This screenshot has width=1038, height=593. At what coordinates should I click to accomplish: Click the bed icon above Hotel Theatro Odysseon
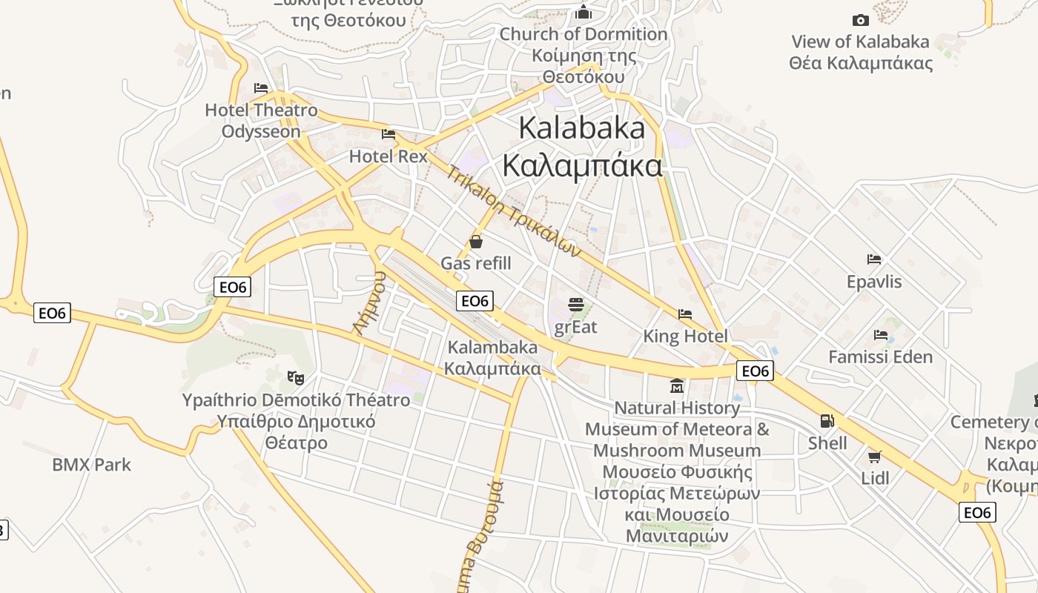pyautogui.click(x=260, y=87)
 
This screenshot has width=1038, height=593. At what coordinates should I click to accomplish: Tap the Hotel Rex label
pyautogui.click(x=389, y=156)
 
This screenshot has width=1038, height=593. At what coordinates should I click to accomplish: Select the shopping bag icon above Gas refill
pyautogui.click(x=476, y=242)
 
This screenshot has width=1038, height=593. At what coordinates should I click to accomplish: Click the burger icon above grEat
pyautogui.click(x=575, y=304)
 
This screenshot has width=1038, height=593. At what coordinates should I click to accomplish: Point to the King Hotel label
pyautogui.click(x=685, y=337)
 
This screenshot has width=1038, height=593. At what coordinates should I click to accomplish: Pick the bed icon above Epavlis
pyautogui.click(x=874, y=259)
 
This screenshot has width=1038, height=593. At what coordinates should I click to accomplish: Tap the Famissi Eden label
pyautogui.click(x=880, y=357)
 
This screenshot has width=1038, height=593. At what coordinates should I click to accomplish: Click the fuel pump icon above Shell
pyautogui.click(x=827, y=421)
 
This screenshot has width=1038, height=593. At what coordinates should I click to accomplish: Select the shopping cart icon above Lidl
pyautogui.click(x=875, y=457)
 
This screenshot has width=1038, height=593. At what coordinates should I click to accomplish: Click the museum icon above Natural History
pyautogui.click(x=677, y=386)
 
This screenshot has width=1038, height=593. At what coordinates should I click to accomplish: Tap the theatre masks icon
pyautogui.click(x=296, y=377)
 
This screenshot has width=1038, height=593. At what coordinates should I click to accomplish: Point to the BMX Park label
pyautogui.click(x=91, y=465)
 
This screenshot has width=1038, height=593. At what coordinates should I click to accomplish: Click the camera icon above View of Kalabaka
pyautogui.click(x=860, y=20)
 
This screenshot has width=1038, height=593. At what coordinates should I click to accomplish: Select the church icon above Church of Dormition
pyautogui.click(x=584, y=13)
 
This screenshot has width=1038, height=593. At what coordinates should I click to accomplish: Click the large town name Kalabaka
pyautogui.click(x=582, y=128)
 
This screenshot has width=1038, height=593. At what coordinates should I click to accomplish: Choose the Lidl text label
pyautogui.click(x=875, y=478)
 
